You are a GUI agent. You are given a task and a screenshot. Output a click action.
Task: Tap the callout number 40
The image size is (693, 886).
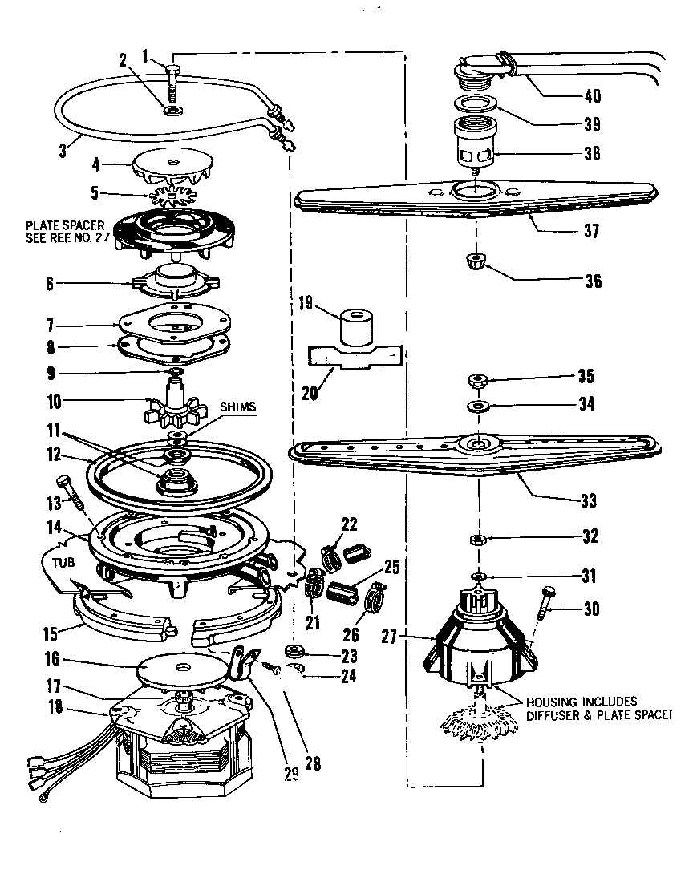coord(592,99)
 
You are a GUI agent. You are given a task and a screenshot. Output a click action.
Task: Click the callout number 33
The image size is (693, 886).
coord(588,502)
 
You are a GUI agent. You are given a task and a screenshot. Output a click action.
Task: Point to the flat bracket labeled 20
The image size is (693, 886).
coord(353,357)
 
